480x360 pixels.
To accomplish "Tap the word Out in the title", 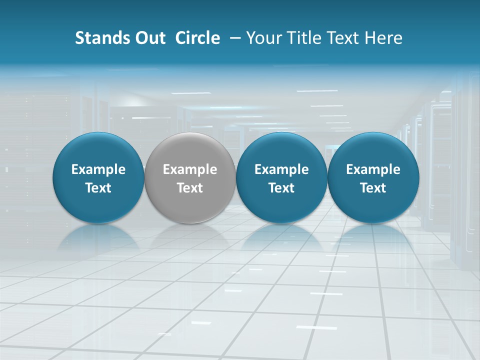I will tap(149, 38).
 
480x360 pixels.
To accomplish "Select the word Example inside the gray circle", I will tap(190, 169).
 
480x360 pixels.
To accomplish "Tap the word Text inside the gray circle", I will tap(190, 188).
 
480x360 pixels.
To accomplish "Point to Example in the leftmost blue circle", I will tap(98, 169).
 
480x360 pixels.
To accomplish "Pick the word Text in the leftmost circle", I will tap(98, 188).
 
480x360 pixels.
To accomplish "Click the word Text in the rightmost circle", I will tap(373, 188).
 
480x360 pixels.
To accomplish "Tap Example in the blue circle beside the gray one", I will tap(281, 169).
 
